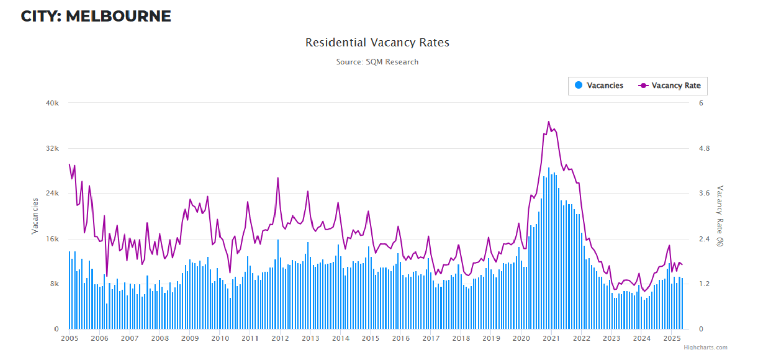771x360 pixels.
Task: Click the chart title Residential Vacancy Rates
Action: click(377, 42)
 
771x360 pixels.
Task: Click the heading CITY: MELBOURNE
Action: click(96, 16)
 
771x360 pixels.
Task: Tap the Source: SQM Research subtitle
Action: click(377, 62)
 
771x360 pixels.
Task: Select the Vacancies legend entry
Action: click(604, 86)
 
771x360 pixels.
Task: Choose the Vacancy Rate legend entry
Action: click(676, 86)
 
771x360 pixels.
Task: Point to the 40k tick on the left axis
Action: click(53, 103)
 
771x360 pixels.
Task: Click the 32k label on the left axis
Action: click(53, 149)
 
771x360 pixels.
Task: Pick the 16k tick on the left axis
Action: click(53, 239)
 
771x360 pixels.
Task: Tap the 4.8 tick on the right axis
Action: click(705, 149)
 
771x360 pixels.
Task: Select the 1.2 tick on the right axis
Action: click(705, 284)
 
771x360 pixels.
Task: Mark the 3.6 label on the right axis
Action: click(705, 194)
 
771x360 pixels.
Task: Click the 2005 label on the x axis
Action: click(69, 338)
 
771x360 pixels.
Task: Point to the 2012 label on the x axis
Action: click(280, 338)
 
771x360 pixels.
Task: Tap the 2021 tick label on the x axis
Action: click(551, 338)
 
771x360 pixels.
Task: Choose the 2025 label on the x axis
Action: click(671, 338)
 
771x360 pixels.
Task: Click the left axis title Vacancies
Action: click(35, 216)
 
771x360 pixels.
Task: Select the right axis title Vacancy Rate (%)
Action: click(720, 216)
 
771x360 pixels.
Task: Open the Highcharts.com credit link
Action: click(705, 348)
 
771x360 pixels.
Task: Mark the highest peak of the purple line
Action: click(549, 122)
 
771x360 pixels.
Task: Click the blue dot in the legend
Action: click(579, 86)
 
